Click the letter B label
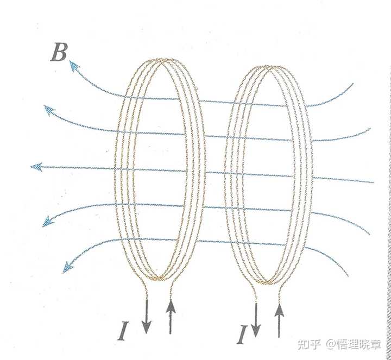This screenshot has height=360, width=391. point(58,53)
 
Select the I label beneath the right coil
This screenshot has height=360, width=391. point(243,335)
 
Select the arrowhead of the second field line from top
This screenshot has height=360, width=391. point(49,111)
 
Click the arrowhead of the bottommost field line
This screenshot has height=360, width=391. point(68,267)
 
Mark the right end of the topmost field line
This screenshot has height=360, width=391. point(352,84)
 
